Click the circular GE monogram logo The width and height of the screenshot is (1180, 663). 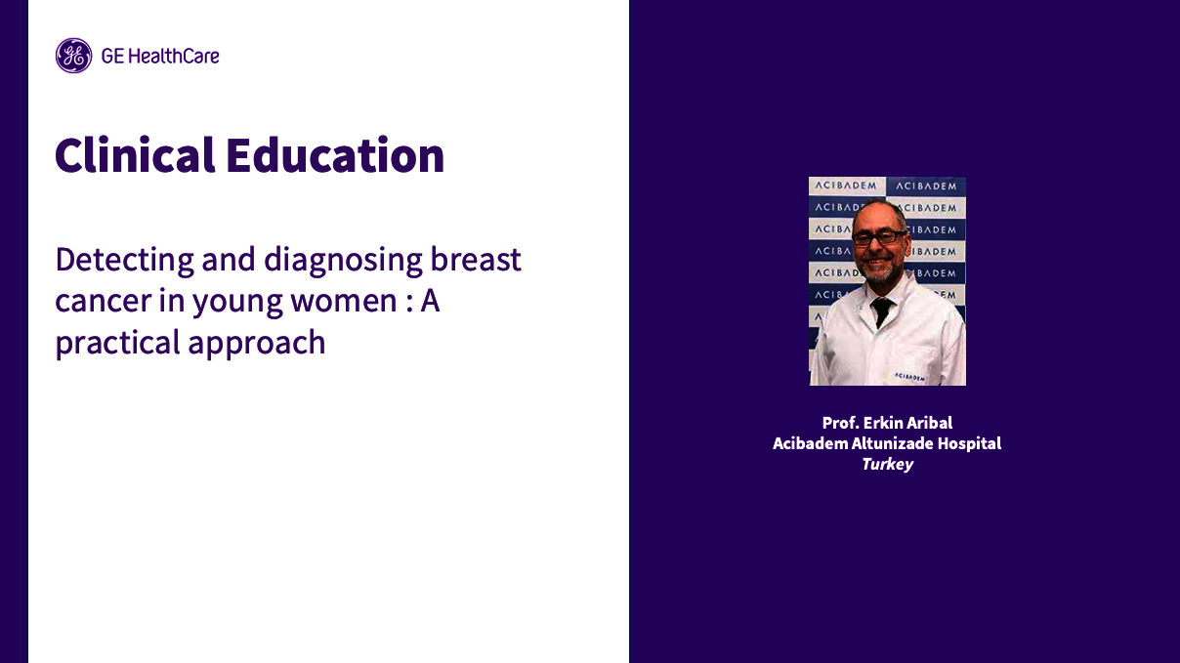click(73, 56)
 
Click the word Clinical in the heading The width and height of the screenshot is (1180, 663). click(135, 156)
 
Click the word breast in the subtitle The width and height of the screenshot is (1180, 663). click(479, 261)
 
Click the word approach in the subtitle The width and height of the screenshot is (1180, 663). click(271, 343)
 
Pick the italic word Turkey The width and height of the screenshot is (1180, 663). click(887, 464)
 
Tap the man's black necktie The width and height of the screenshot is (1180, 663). click(882, 310)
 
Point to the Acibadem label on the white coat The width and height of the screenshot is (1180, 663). click(910, 375)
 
